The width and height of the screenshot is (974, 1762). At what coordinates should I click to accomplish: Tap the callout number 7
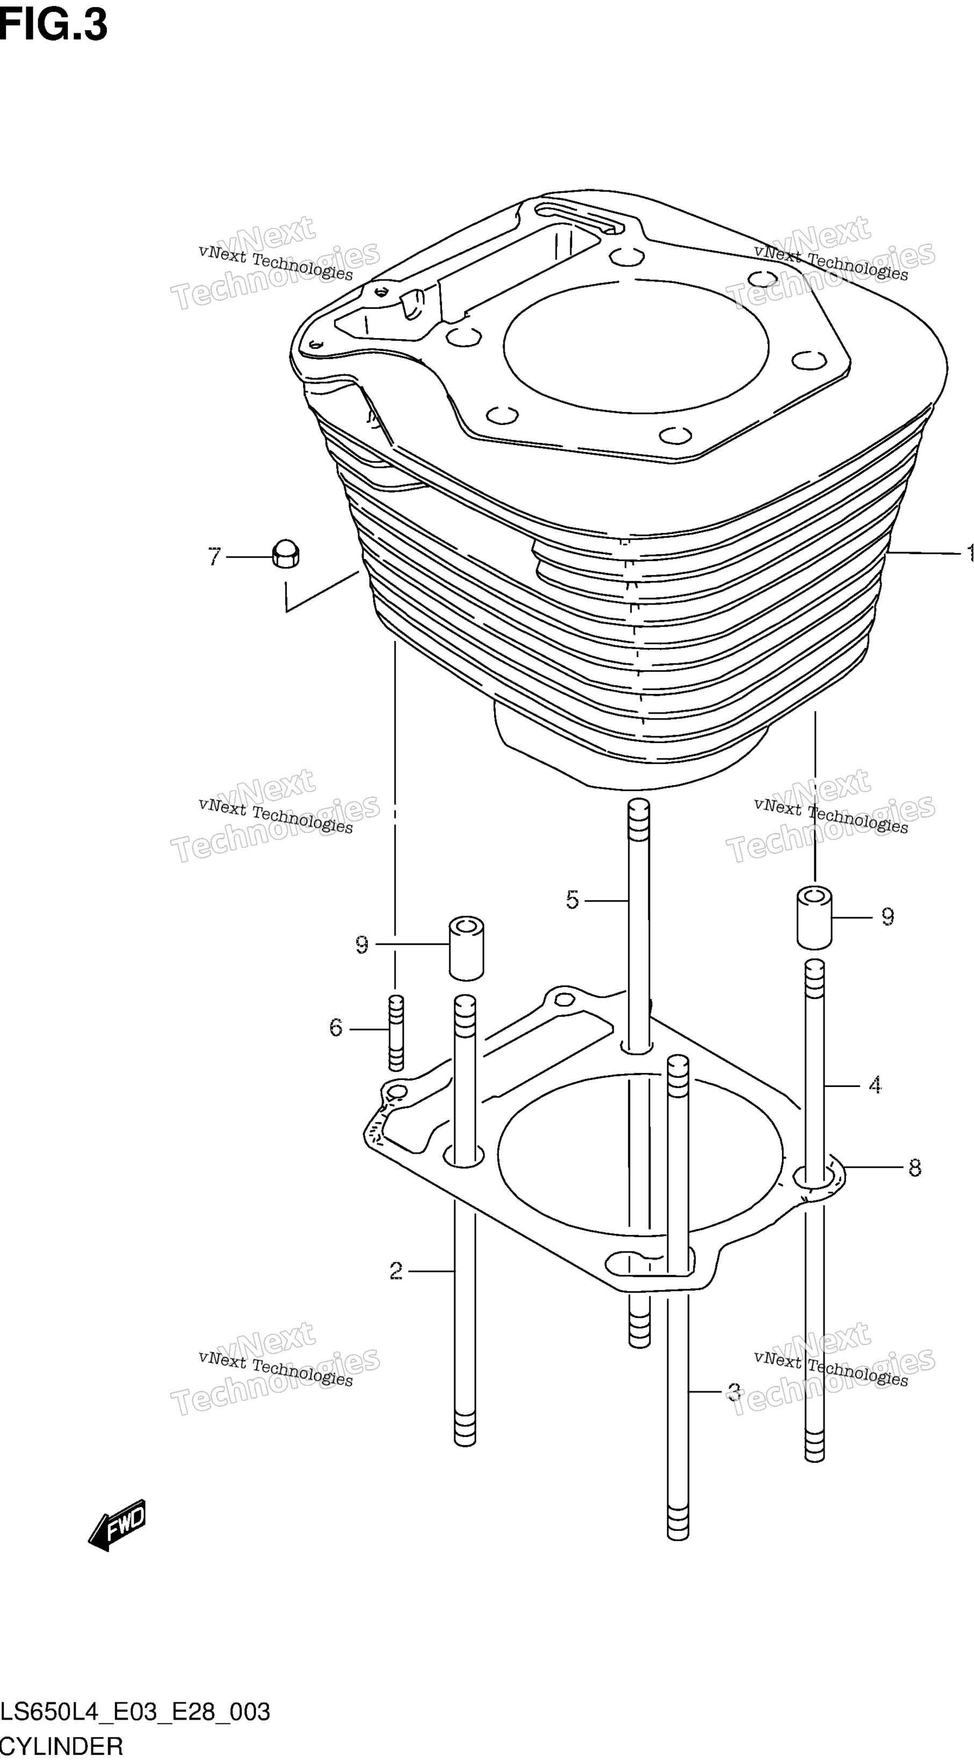click(x=215, y=557)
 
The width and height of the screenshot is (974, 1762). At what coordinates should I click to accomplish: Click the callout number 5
click(x=572, y=900)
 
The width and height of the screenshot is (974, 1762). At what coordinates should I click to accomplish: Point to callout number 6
click(x=336, y=1027)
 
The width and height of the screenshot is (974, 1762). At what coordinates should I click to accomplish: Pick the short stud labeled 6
click(x=395, y=1033)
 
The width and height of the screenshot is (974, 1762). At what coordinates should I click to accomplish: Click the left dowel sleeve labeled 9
click(x=466, y=949)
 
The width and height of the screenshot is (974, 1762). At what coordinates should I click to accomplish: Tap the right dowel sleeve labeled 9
click(x=814, y=917)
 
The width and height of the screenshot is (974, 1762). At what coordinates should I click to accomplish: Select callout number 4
click(x=875, y=1085)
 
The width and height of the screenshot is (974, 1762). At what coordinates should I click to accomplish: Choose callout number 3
click(x=734, y=1391)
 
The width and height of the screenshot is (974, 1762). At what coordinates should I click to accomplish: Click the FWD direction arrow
click(x=117, y=1524)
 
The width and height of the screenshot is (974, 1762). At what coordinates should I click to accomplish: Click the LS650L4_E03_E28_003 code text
click(x=135, y=1712)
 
